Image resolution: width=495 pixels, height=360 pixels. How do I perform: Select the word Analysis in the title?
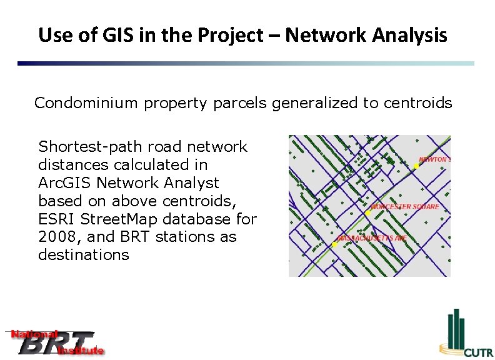(409, 35)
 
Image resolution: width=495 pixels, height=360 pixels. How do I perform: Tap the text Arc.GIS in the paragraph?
(62, 183)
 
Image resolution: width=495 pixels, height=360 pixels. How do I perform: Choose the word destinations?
(84, 255)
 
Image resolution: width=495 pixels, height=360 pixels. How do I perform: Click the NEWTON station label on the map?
(434, 159)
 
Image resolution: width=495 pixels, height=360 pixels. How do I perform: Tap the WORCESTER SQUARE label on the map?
(405, 206)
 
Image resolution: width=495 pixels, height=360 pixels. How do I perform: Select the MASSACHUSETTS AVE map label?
(371, 238)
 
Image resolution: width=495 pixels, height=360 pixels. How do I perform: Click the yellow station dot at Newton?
(416, 166)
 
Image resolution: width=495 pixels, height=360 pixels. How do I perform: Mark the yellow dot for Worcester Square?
(368, 213)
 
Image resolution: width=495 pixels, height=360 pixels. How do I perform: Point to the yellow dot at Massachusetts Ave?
(335, 244)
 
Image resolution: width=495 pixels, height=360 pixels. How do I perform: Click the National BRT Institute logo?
(56, 342)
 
